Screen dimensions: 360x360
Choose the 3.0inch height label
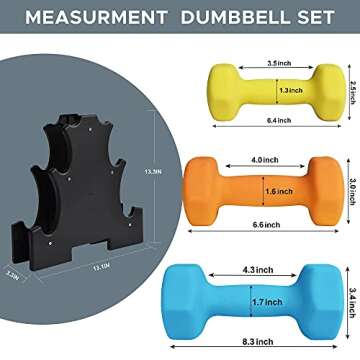click(x=349, y=187)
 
